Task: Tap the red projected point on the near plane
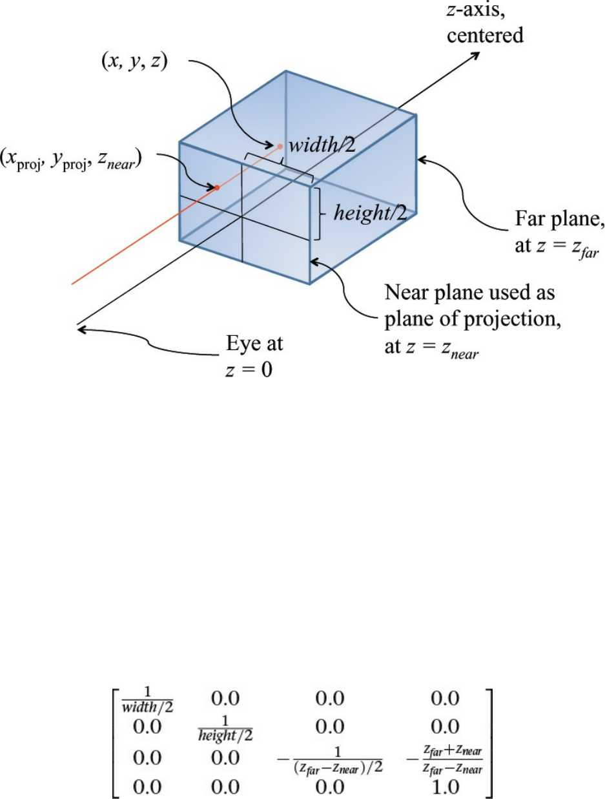click(218, 188)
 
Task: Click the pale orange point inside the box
click(280, 146)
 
